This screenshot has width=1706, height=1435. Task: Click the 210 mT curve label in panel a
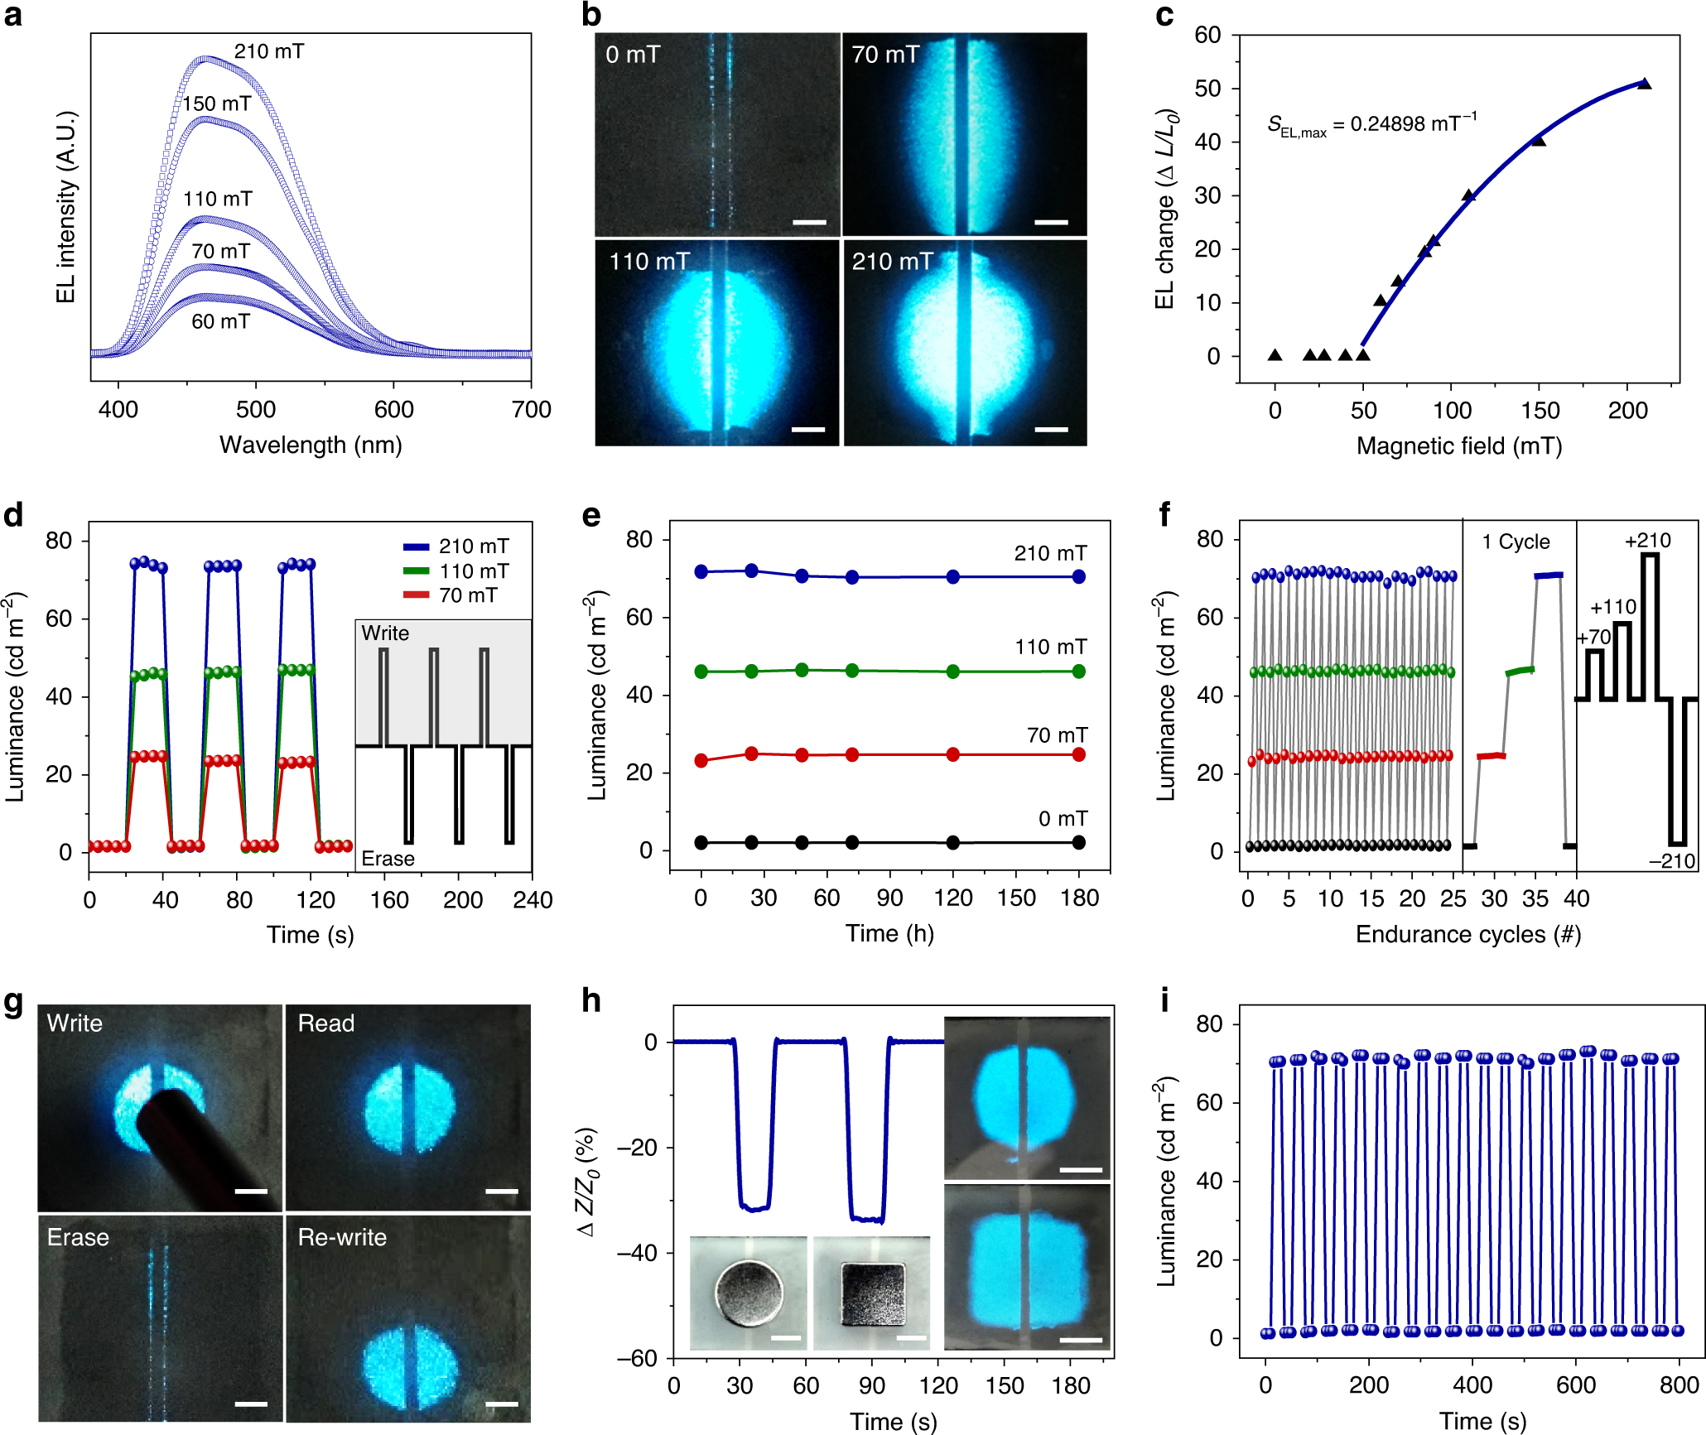[x=268, y=51]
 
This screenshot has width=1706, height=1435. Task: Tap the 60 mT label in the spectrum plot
[x=220, y=321]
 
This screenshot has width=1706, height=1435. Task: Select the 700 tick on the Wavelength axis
[x=531, y=409]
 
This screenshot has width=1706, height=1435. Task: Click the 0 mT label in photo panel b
[x=633, y=55]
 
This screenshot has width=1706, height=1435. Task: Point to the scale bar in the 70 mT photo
[x=1051, y=222]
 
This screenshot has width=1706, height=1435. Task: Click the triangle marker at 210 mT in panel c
[x=1644, y=84]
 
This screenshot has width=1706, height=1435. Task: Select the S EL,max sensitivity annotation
[x=1371, y=125]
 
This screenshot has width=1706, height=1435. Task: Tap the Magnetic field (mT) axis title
[x=1458, y=446]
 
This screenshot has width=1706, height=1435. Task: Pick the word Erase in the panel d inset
[x=388, y=859]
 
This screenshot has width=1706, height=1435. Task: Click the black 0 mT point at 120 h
[x=953, y=842]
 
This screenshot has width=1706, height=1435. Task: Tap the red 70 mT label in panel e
[x=1057, y=734]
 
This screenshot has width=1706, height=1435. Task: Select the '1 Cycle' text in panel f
[x=1516, y=542]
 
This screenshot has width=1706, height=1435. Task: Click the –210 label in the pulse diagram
[x=1671, y=861]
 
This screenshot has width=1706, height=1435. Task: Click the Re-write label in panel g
[x=342, y=1237]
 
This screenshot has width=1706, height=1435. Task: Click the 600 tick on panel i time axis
[x=1575, y=1385]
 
